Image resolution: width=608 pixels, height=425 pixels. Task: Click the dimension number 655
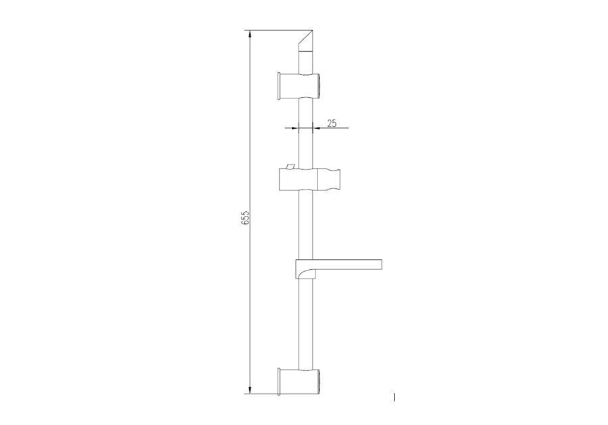[245, 218]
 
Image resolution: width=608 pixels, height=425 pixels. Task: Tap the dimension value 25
[332, 123]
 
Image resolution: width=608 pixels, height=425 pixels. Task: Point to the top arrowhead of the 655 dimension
[250, 35]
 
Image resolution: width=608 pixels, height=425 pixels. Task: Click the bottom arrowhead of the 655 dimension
[250, 389]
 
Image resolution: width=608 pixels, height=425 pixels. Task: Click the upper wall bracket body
[299, 86]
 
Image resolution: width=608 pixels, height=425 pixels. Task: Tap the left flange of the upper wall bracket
[279, 86]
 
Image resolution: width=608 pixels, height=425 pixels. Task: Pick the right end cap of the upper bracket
[319, 86]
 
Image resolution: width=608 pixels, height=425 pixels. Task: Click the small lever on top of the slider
[290, 167]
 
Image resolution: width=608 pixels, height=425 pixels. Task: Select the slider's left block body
[298, 179]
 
